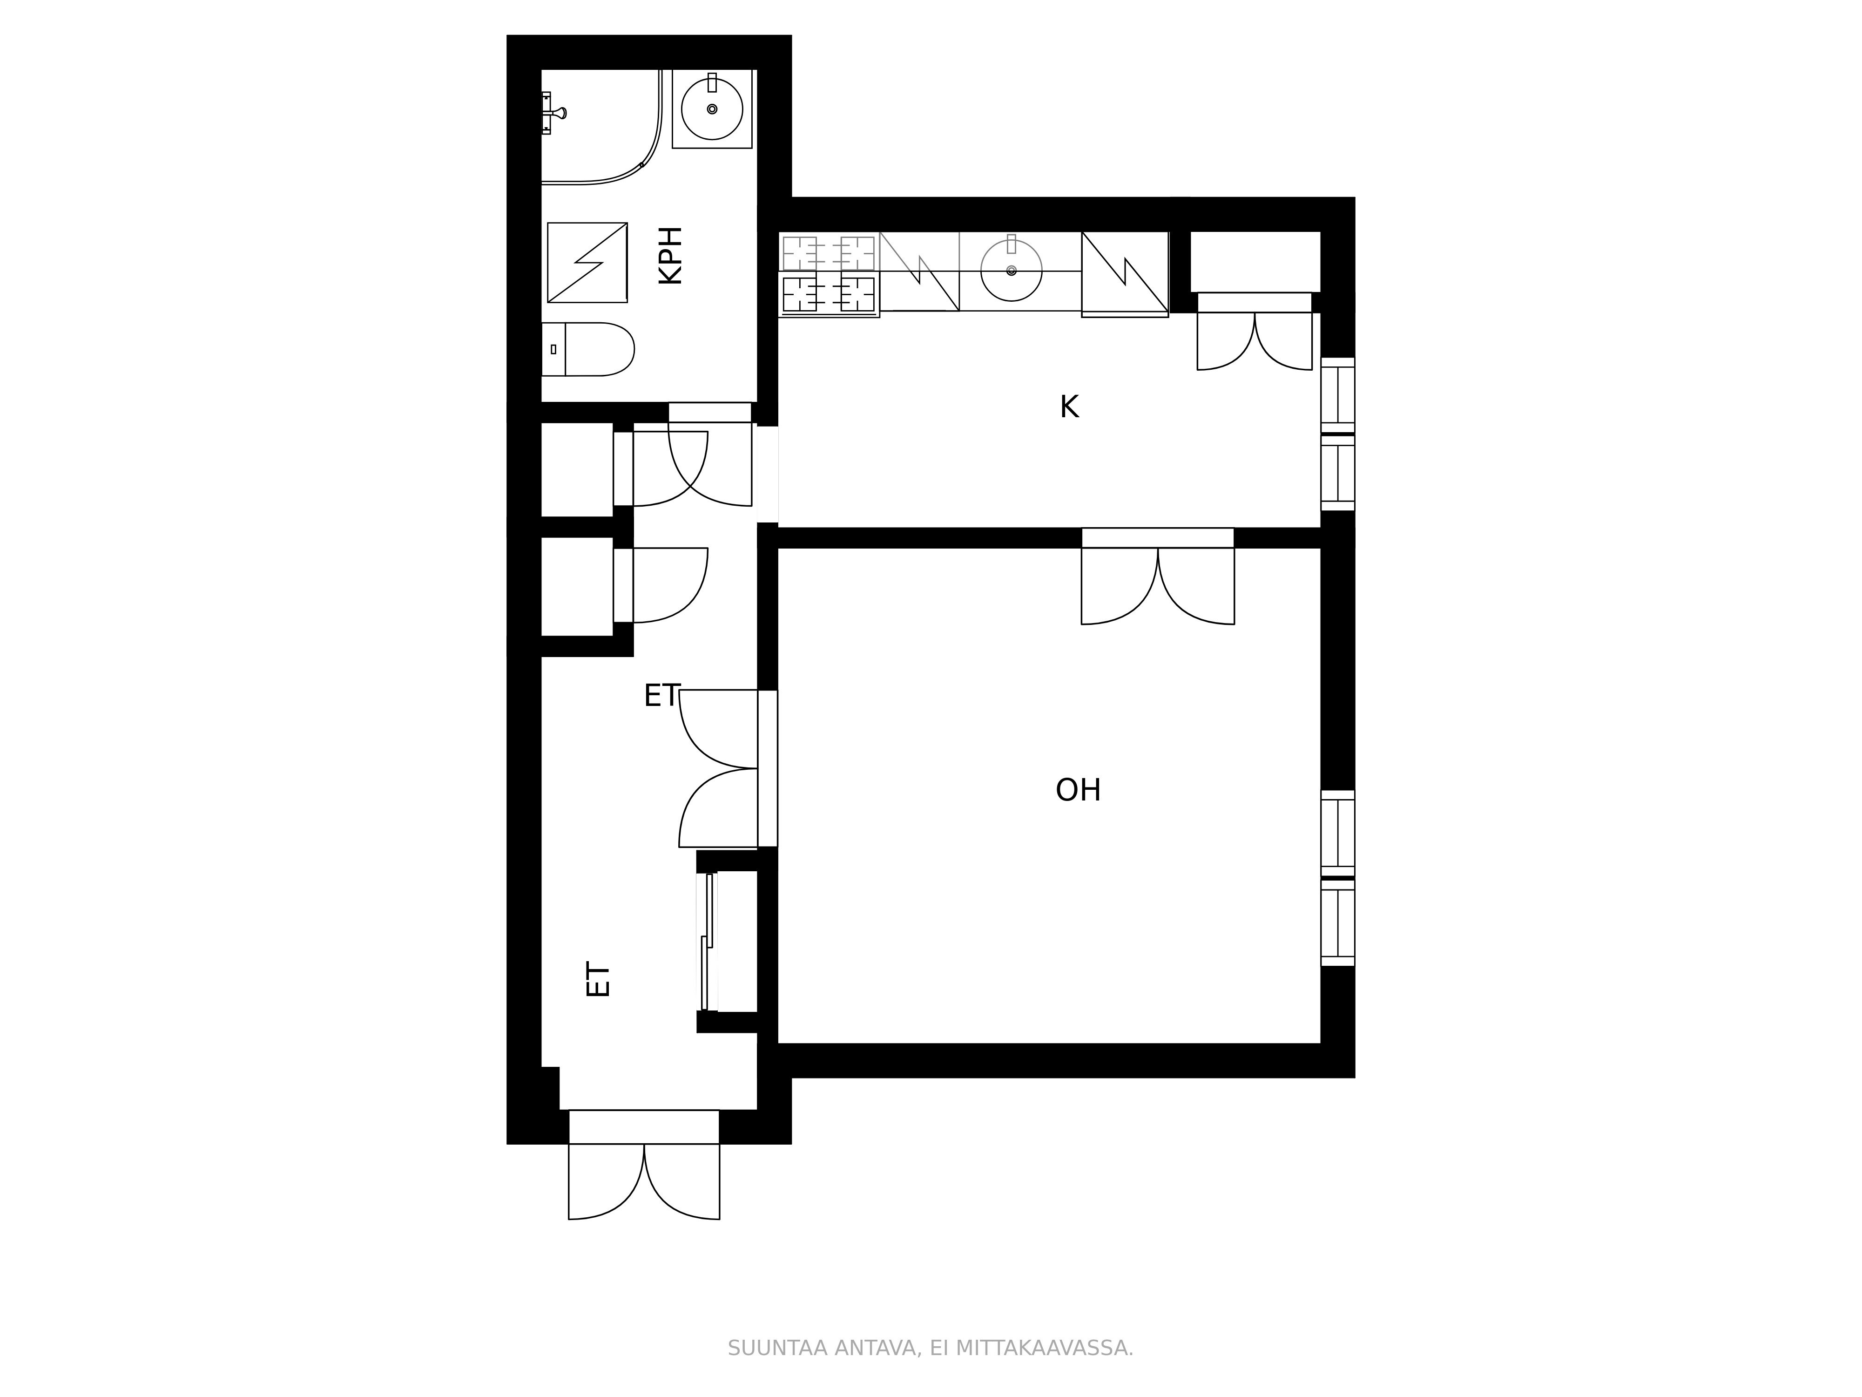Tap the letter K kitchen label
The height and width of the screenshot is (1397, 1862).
pos(1069,407)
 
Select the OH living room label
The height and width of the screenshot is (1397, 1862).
pos(1078,790)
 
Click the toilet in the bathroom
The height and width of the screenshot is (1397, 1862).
pos(587,349)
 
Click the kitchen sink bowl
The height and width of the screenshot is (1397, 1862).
pos(1012,270)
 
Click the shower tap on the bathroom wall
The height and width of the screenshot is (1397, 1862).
pos(551,113)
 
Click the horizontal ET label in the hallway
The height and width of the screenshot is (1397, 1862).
pos(661,696)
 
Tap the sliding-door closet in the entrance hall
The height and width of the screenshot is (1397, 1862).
pos(728,942)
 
